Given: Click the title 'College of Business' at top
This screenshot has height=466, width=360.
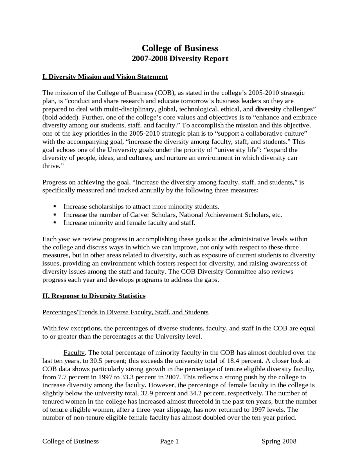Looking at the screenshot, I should coord(180,48).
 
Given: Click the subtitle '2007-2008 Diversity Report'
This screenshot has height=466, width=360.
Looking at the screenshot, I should coord(180,59).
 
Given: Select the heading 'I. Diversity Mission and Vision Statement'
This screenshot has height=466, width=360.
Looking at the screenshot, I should coord(105,77).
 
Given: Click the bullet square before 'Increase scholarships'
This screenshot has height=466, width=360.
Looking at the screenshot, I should coord(55,207).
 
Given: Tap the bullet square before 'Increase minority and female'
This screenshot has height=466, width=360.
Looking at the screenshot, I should coord(55,223).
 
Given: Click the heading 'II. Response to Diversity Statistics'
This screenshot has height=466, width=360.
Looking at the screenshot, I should coord(94,296).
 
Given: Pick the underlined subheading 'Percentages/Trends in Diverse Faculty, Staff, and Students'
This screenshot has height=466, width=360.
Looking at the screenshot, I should coord(125,312).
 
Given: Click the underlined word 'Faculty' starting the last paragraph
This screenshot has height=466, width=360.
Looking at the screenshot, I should coord(74,353).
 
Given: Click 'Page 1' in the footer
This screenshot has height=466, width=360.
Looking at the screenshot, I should coord(169,441).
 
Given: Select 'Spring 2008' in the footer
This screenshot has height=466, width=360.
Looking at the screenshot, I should coord(279,441).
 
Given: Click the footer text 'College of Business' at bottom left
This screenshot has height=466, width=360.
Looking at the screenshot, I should coord(70,441).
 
